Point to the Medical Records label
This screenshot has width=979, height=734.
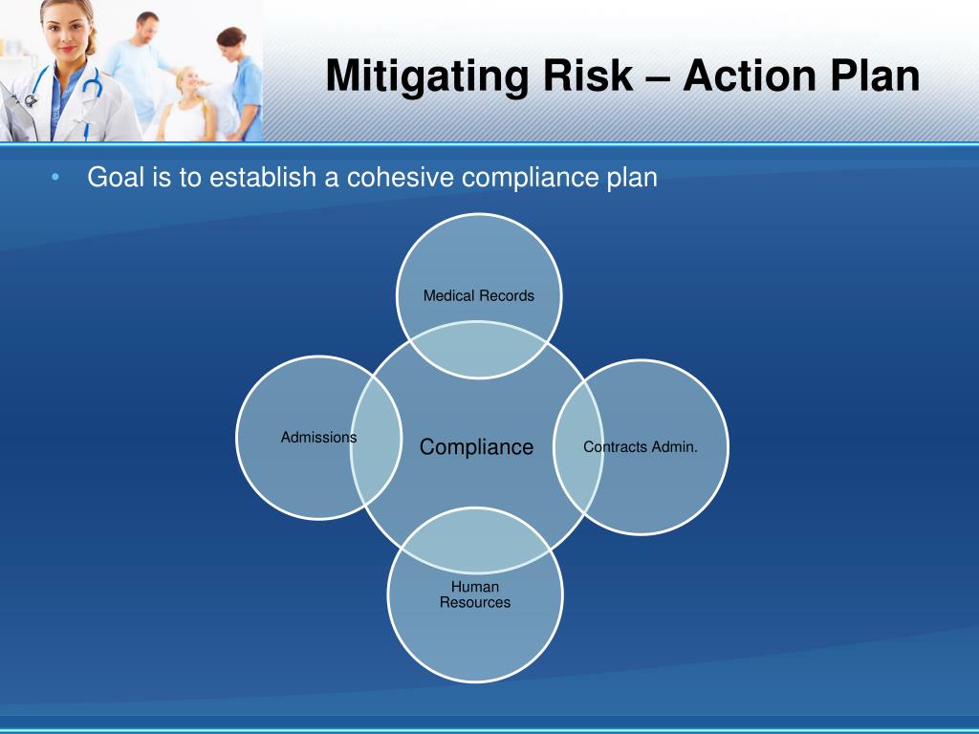click(479, 296)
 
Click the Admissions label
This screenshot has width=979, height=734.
click(318, 437)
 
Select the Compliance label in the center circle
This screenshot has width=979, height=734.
click(476, 447)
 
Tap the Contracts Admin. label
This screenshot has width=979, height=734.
click(641, 446)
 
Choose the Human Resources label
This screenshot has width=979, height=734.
click(475, 594)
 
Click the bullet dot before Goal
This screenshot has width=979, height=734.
click(55, 178)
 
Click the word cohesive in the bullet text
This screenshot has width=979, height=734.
click(399, 178)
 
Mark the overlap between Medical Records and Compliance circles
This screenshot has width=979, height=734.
click(479, 350)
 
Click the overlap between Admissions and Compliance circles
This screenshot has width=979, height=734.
click(375, 441)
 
